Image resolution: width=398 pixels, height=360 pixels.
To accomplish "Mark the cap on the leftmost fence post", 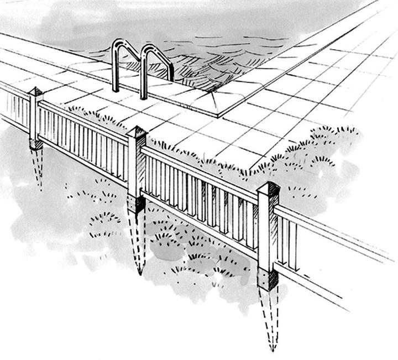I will click(x=36, y=92).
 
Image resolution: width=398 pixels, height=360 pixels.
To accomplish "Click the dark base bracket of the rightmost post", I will click(x=268, y=280).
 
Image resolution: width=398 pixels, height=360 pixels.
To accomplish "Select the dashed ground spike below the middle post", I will click(x=138, y=243).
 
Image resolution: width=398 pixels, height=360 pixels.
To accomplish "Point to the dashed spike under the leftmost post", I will click(x=38, y=169).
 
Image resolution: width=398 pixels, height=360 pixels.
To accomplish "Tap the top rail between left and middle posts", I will click(x=83, y=118).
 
